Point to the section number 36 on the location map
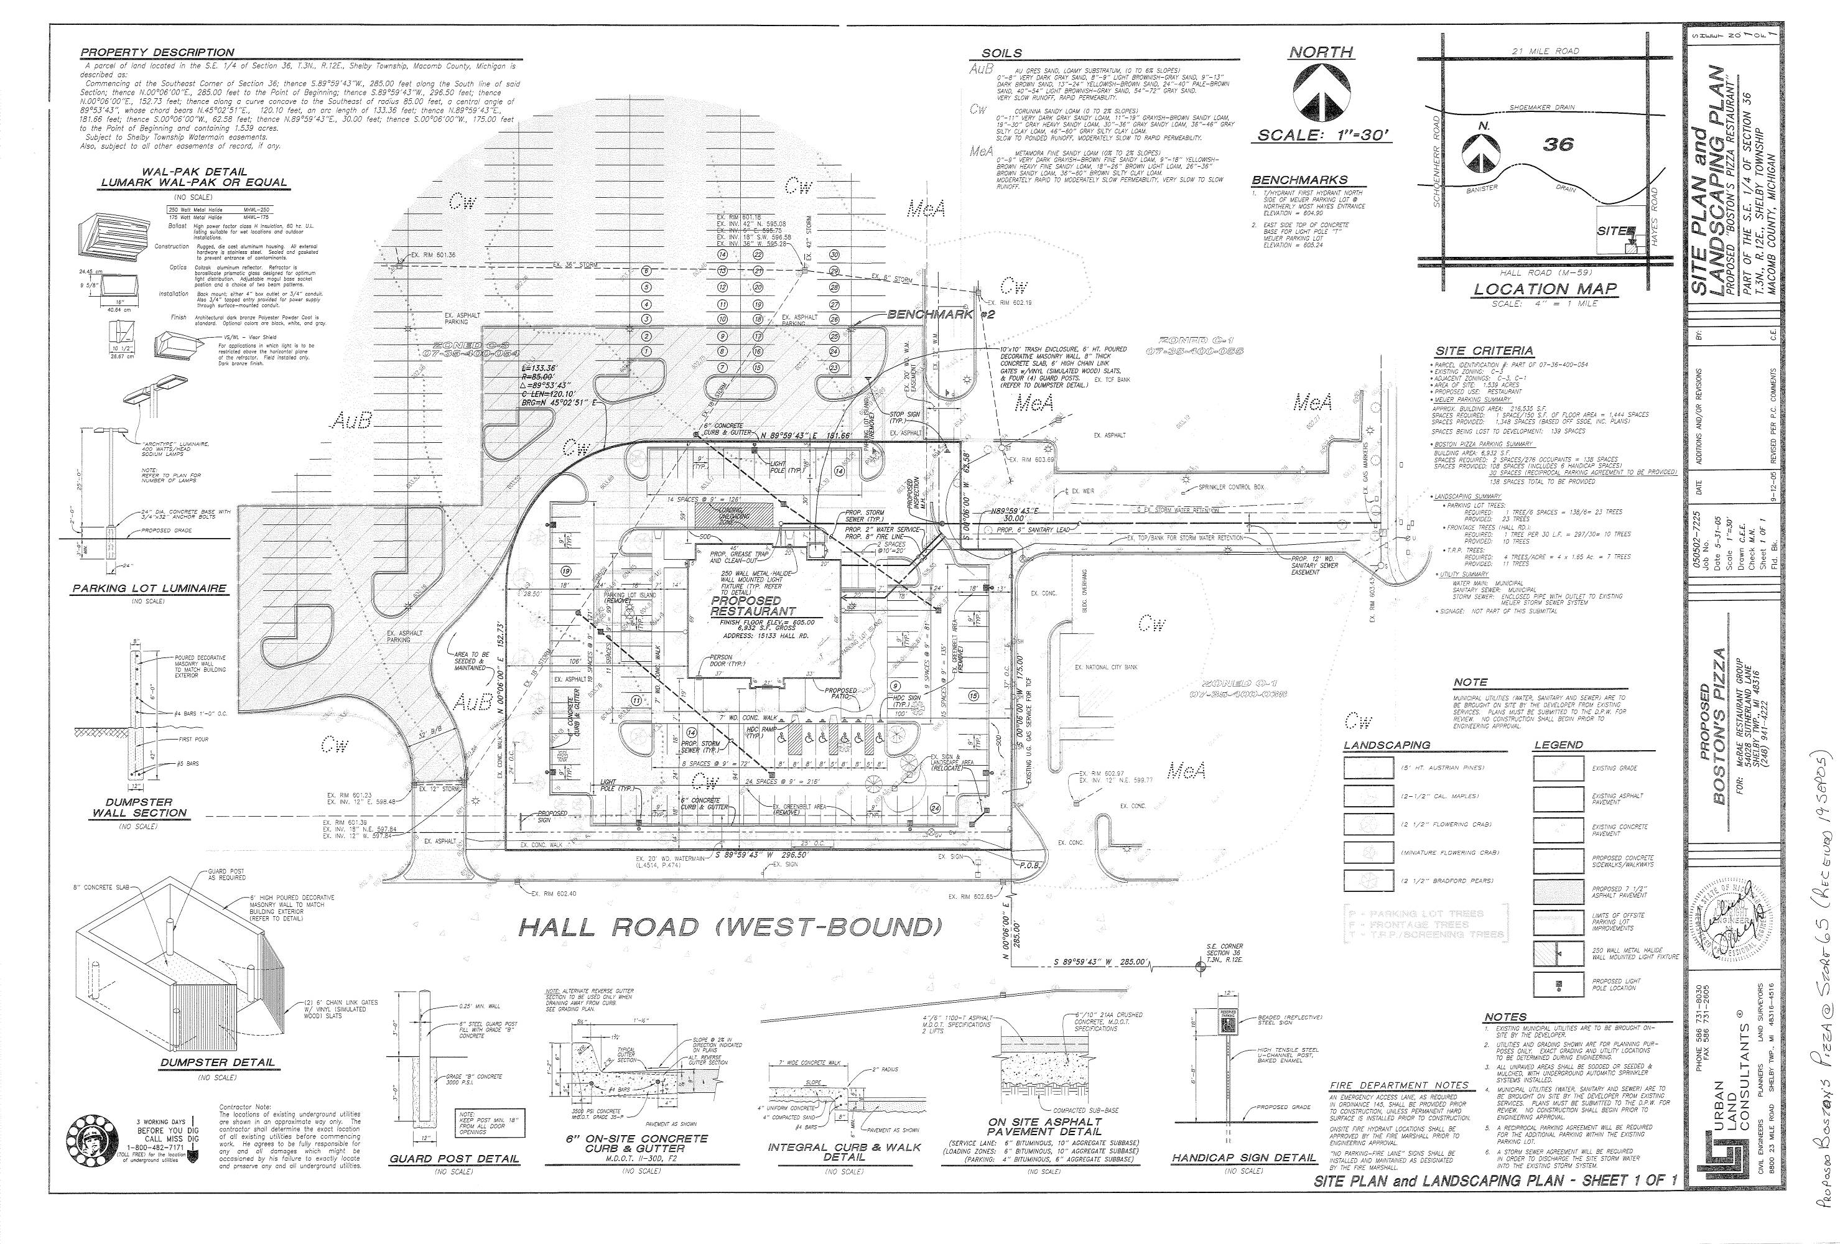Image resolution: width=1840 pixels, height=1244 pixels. click(x=1558, y=144)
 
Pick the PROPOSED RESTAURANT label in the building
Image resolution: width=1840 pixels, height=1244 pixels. click(x=753, y=606)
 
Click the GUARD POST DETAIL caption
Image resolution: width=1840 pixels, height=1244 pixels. click(x=455, y=1159)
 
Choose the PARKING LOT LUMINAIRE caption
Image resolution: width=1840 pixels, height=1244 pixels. click(x=149, y=588)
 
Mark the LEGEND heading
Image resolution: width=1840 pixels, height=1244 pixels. click(x=1558, y=745)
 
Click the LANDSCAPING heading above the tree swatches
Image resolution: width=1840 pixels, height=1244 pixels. click(x=1387, y=745)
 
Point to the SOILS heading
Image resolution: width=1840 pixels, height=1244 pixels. click(x=1001, y=53)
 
